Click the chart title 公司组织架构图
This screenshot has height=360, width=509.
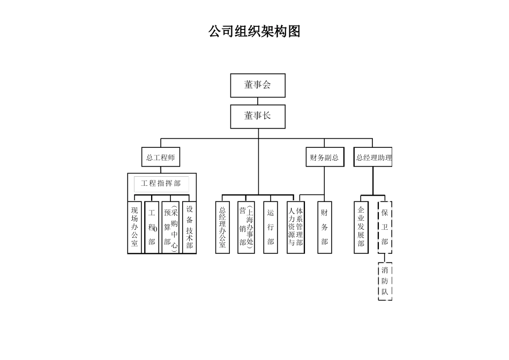pyautogui.click(x=254, y=32)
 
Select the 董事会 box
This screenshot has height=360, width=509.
pyautogui.click(x=258, y=85)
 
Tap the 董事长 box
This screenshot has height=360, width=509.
pyautogui.click(x=258, y=116)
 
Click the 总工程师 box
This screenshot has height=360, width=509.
pyautogui.click(x=160, y=157)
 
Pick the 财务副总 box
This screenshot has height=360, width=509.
pyautogui.click(x=324, y=157)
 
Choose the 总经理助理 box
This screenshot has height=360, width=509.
pyautogui.click(x=373, y=157)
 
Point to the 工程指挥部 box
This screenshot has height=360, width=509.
pyautogui.click(x=161, y=184)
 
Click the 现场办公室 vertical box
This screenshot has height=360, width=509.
pyautogui.click(x=134, y=227)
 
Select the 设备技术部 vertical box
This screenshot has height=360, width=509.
pyautogui.click(x=189, y=227)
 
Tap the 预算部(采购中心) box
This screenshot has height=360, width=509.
pyautogui.click(x=170, y=227)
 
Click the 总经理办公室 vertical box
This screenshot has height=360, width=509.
pyautogui.click(x=222, y=227)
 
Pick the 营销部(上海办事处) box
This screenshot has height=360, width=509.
pyautogui.click(x=246, y=227)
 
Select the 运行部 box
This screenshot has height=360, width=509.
pyautogui.click(x=271, y=227)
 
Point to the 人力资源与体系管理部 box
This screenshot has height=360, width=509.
pyautogui.click(x=295, y=227)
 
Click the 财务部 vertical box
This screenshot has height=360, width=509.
pyautogui.click(x=325, y=227)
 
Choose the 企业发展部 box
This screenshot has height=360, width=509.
pyautogui.click(x=361, y=227)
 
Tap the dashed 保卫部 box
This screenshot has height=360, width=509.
pyautogui.click(x=385, y=227)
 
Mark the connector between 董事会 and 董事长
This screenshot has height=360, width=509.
pyautogui.click(x=258, y=101)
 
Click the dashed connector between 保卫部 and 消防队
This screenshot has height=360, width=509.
pyautogui.click(x=385, y=258)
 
